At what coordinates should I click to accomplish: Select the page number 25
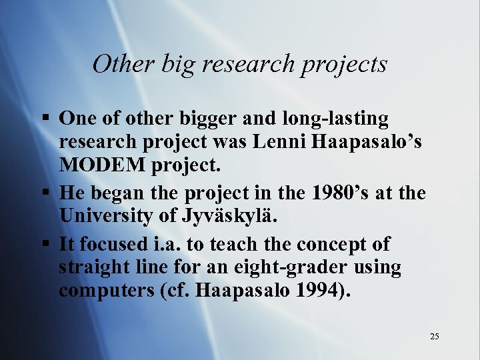tap(434, 337)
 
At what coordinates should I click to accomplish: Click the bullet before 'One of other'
tap(44, 119)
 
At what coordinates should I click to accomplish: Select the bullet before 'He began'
tap(44, 194)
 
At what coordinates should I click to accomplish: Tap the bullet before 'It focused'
tap(44, 244)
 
